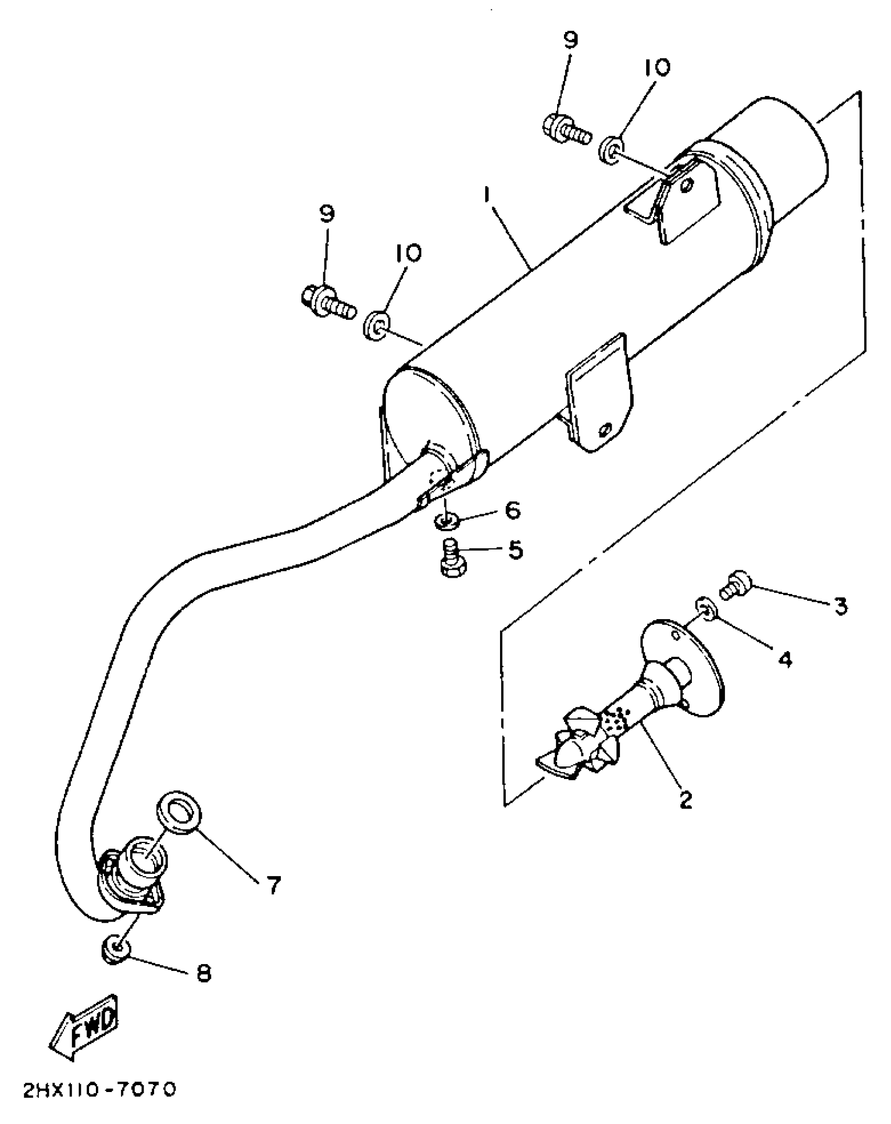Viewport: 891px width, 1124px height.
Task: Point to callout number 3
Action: point(840,607)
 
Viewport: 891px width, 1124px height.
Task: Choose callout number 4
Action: point(784,659)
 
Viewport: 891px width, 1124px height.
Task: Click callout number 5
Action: point(515,550)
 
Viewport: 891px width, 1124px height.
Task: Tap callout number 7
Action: point(273,885)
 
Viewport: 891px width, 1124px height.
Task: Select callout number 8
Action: point(203,974)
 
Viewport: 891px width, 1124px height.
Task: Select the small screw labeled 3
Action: point(736,585)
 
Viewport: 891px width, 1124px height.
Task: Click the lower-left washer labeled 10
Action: point(376,325)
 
